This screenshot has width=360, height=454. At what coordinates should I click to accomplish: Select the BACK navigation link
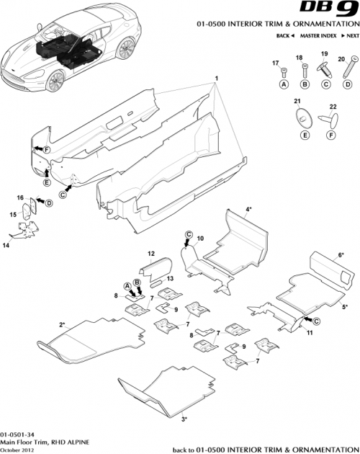pos(284,35)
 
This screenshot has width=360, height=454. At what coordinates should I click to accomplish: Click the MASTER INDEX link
pos(317,35)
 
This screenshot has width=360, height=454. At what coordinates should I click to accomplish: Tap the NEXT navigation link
pos(351,35)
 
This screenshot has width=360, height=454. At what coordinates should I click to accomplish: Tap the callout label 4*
pos(248,209)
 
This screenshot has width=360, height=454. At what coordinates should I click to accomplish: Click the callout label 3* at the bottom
pos(184,418)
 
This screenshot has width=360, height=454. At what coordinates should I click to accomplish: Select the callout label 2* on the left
pos(63,325)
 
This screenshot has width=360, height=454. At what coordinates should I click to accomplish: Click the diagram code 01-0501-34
pos(17,435)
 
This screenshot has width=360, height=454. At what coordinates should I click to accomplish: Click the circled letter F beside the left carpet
pos(45,149)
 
